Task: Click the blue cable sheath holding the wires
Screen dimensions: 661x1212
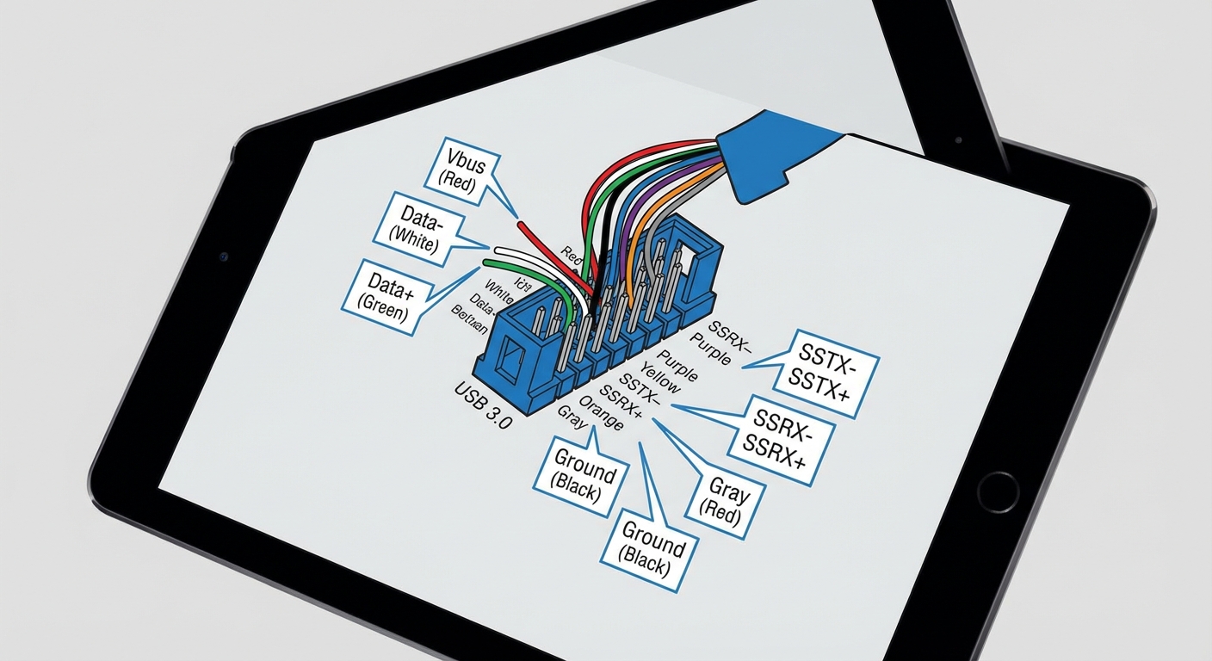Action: tap(757, 159)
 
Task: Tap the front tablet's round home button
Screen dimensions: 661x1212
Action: tap(998, 491)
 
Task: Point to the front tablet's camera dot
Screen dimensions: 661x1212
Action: tap(224, 256)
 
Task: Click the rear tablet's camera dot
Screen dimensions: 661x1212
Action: tap(959, 139)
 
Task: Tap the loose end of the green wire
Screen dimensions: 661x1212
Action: tap(487, 262)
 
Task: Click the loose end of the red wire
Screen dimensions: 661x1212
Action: tap(521, 225)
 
